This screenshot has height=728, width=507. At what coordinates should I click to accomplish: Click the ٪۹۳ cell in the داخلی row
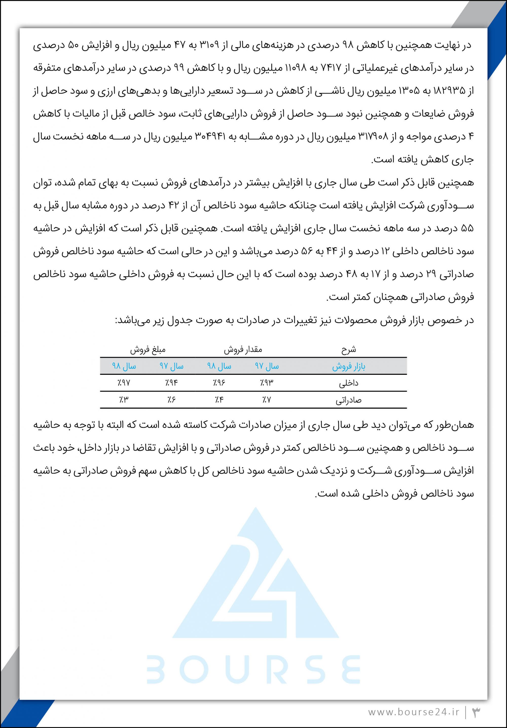coord(267,383)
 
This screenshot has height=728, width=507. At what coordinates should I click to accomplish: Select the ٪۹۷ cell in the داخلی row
coord(124,383)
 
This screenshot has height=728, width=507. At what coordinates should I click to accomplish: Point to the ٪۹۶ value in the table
coord(219,383)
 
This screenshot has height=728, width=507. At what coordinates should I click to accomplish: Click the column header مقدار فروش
coord(243,349)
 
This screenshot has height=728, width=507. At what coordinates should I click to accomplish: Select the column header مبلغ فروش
coord(148,349)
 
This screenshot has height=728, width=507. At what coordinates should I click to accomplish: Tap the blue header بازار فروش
coord(349,367)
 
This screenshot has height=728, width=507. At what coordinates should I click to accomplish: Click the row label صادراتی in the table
coord(349,401)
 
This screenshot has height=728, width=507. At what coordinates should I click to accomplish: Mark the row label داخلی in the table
coord(349,383)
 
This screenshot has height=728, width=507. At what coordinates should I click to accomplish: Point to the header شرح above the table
coord(349,349)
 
